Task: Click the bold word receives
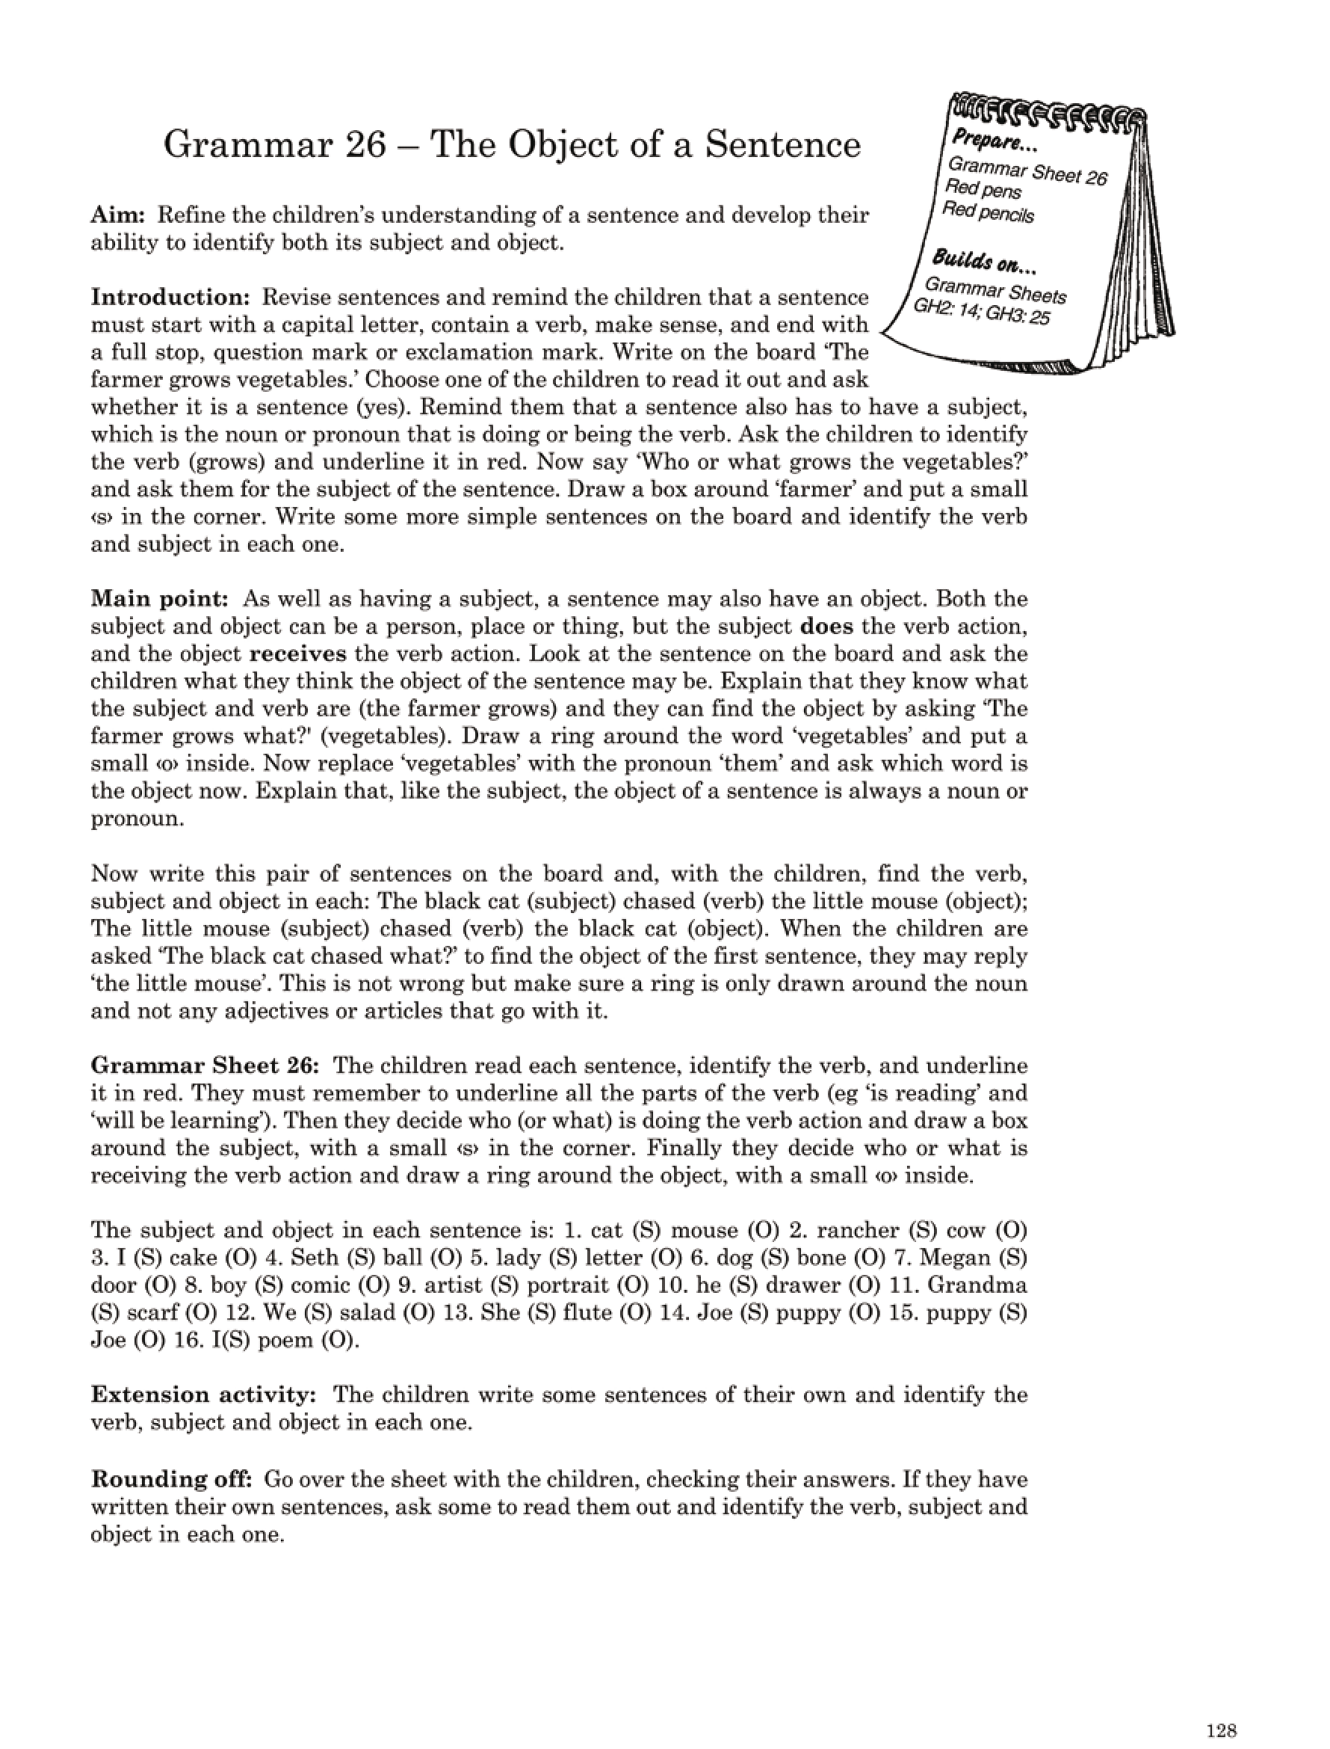(x=298, y=654)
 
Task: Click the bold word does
(x=826, y=627)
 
